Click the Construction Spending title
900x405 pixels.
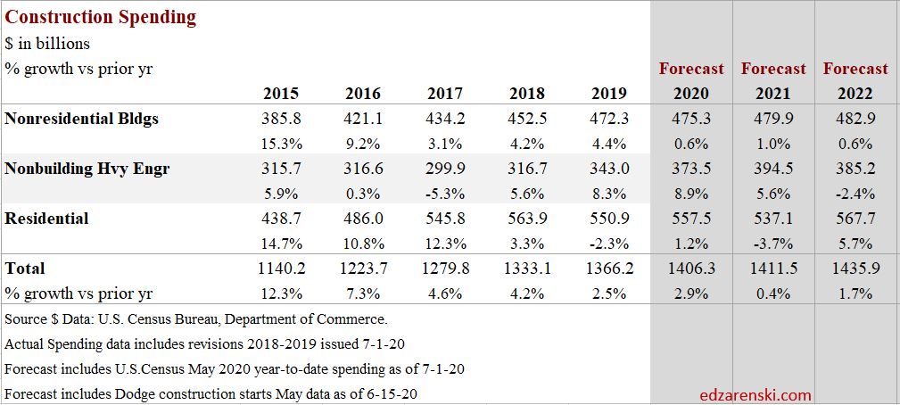[101, 17]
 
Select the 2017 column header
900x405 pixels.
[445, 94]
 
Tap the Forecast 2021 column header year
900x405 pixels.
[772, 94]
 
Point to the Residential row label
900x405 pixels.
[46, 219]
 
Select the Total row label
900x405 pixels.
[25, 269]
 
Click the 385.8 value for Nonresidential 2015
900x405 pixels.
[281, 119]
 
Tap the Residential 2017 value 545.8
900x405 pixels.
[445, 219]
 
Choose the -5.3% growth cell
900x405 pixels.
[445, 194]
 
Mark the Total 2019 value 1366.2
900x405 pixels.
[609, 269]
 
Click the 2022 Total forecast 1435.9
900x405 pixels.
[855, 269]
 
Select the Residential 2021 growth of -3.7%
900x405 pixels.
[772, 244]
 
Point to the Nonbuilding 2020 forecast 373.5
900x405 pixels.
[691, 169]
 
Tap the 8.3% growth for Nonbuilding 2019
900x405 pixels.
[609, 194]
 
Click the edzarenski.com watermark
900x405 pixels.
[756, 394]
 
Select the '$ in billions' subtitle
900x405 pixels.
[47, 43]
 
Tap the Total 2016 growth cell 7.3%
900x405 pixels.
[363, 293]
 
